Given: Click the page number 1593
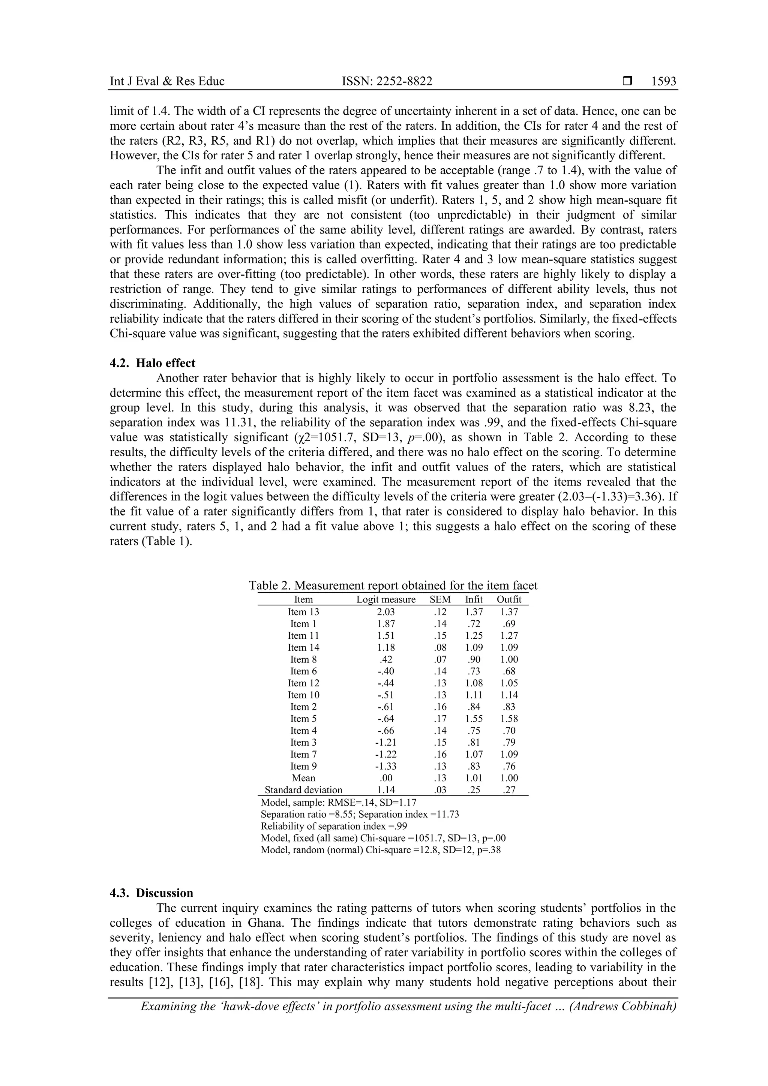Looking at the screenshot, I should click(663, 81).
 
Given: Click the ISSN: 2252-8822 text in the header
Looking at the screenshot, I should click(387, 81).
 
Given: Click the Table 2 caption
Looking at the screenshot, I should click(393, 586).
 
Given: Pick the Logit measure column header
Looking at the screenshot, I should click(385, 600).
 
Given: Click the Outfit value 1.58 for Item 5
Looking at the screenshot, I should click(509, 719).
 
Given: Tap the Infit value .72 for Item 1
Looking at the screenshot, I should click(474, 624).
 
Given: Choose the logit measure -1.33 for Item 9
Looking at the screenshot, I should click(385, 766).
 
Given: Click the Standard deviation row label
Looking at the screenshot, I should click(303, 790).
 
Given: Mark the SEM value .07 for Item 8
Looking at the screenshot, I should click(440, 659).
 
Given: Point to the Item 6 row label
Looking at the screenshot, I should click(303, 671).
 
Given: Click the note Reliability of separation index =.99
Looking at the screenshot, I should click(334, 826).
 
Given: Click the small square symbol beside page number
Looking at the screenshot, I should click(627, 81).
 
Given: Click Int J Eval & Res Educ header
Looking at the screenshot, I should click(167, 81).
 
